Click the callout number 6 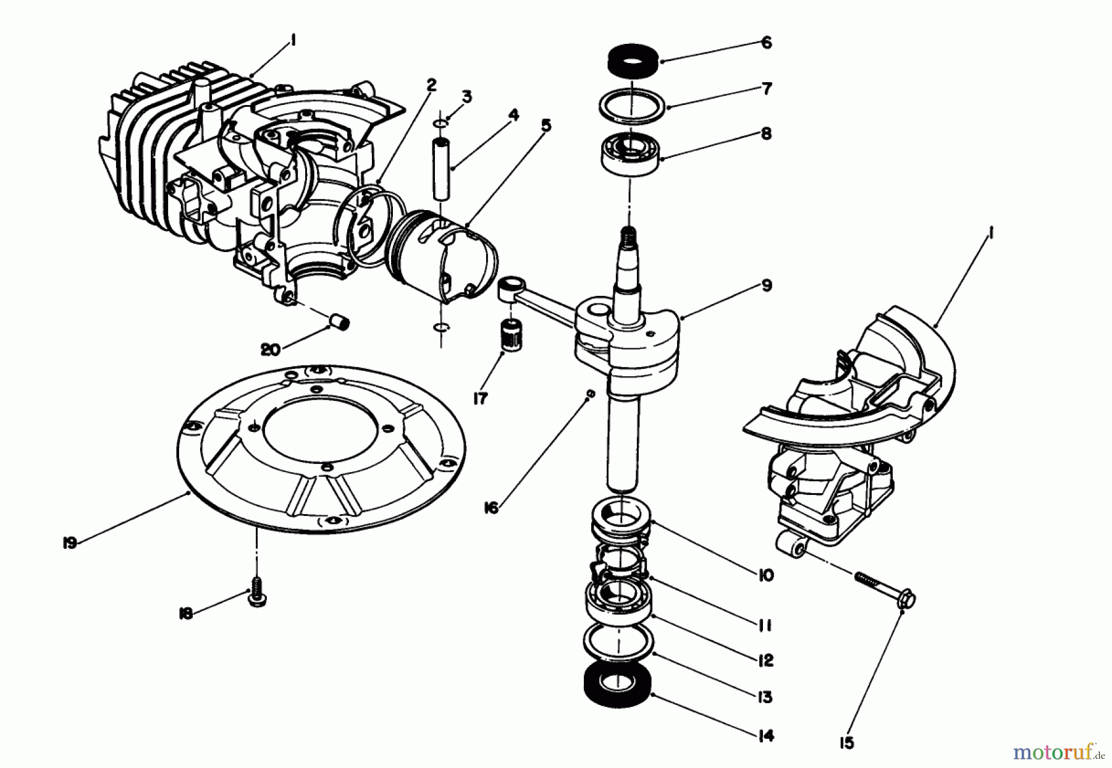[766, 43]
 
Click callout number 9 [766, 285]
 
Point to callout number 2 [431, 84]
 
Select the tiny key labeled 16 [590, 393]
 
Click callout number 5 [545, 125]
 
